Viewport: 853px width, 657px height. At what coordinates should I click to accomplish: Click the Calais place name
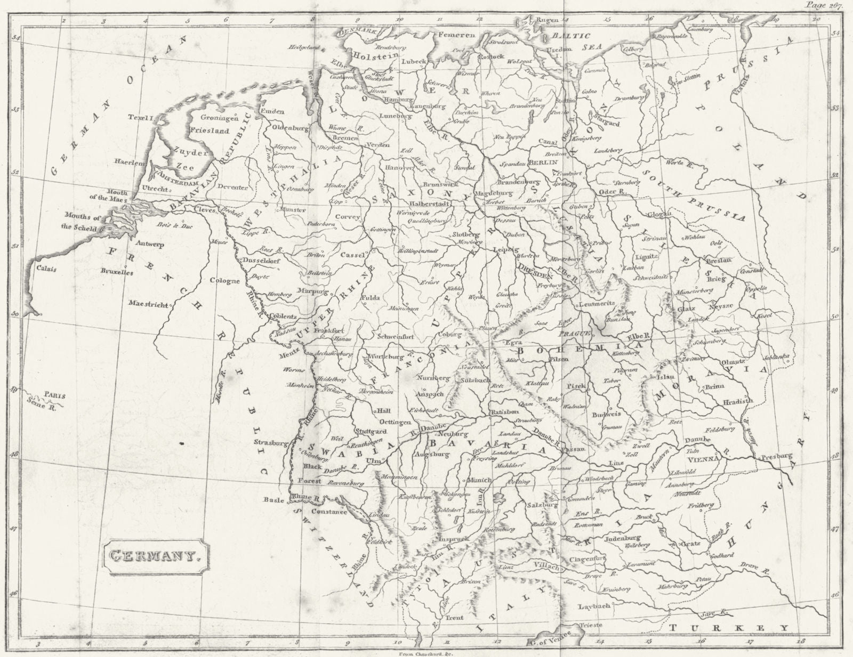click(x=46, y=269)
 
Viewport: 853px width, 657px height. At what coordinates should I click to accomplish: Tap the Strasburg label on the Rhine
click(x=271, y=442)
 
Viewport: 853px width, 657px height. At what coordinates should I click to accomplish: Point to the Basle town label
click(x=275, y=500)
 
